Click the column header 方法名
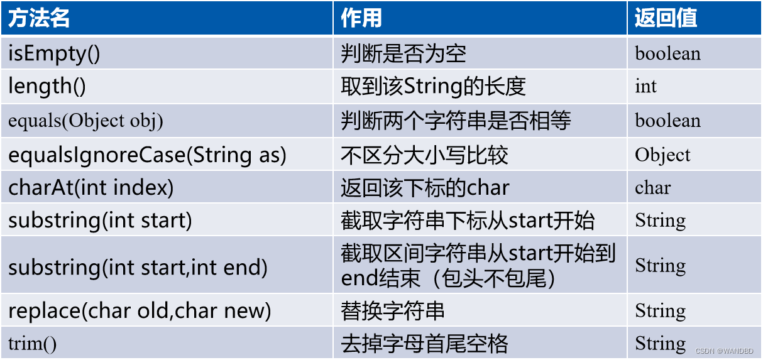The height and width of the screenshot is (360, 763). [x=39, y=18]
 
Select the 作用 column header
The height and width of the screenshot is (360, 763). [x=361, y=18]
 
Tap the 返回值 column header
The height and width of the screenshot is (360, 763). [x=666, y=18]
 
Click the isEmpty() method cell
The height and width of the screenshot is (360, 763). [x=54, y=54]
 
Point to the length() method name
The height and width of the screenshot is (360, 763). [x=47, y=86]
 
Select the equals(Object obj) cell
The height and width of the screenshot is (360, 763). [x=85, y=121]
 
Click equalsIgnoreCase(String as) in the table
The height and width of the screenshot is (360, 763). [x=147, y=155]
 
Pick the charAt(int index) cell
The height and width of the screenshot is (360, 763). [x=91, y=188]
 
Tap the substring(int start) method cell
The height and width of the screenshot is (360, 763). [x=100, y=221]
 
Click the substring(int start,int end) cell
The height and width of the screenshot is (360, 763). [x=138, y=268]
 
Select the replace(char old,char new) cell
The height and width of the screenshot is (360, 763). [x=140, y=310]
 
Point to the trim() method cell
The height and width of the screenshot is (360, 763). [x=32, y=343]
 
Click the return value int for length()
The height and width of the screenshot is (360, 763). [x=645, y=86]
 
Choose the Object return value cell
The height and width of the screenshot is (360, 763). [x=662, y=155]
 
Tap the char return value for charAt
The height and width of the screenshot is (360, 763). [x=652, y=188]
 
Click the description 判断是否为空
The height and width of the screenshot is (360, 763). [x=403, y=54]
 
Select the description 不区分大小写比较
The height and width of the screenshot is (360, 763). [x=424, y=155]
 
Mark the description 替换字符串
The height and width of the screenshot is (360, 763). [x=393, y=310]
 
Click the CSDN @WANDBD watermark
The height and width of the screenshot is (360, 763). [x=724, y=351]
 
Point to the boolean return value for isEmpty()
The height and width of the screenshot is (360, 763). [x=667, y=53]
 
